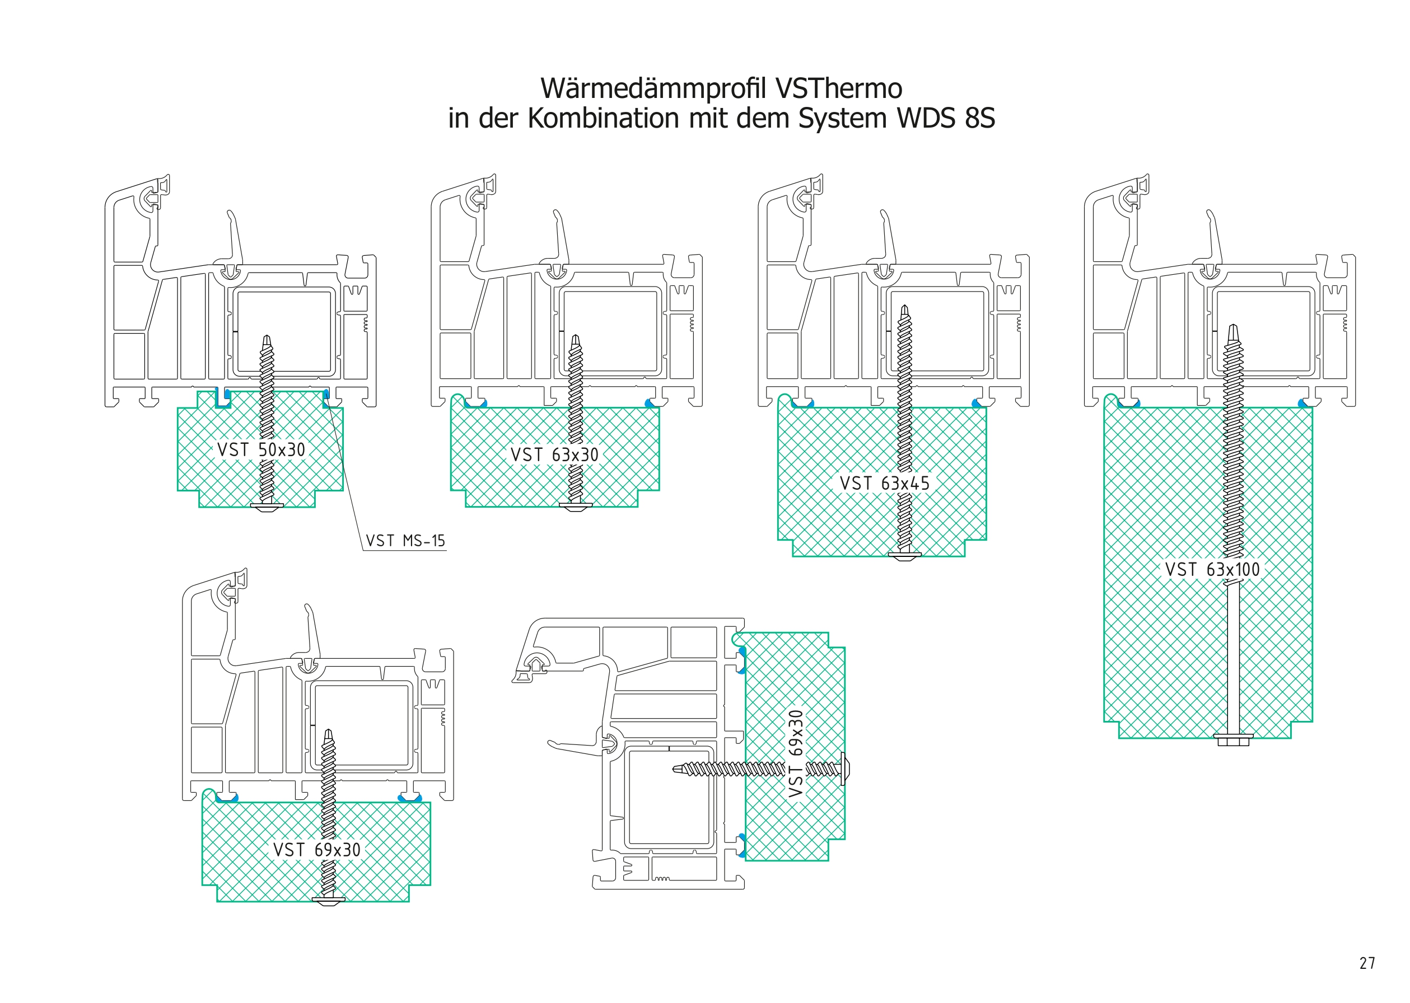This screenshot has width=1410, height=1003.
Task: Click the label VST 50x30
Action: (x=261, y=449)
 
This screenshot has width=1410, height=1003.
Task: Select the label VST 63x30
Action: (x=554, y=454)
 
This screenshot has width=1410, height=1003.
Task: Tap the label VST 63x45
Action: (x=884, y=483)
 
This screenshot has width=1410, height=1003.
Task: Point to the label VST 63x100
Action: (x=1212, y=569)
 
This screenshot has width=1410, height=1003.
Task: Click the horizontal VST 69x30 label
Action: (x=316, y=850)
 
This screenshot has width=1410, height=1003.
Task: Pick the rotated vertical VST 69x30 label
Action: (x=796, y=753)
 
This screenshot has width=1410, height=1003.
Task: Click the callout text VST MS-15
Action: (x=405, y=541)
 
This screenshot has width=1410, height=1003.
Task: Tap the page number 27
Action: (x=1367, y=963)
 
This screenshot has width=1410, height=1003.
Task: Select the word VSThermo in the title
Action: (x=838, y=88)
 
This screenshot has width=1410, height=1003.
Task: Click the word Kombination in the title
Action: (x=603, y=118)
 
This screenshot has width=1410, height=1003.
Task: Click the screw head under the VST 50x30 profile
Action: (x=268, y=507)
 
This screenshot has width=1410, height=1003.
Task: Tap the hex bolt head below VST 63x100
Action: (x=1232, y=739)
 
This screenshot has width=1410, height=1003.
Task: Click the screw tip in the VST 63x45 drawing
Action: (x=904, y=310)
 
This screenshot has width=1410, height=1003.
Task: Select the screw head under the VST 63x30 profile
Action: (x=575, y=506)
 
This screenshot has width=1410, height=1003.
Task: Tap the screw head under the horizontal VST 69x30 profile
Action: (x=328, y=901)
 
